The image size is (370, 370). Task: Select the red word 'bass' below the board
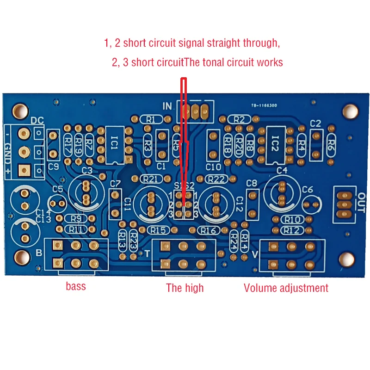click(x=76, y=286)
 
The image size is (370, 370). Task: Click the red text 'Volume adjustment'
click(x=286, y=288)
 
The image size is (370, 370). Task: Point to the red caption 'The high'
click(x=185, y=288)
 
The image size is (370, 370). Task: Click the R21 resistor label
click(x=151, y=179)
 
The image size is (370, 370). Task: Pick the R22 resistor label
click(x=216, y=179)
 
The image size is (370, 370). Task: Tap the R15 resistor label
click(x=158, y=230)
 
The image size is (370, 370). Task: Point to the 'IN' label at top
click(x=166, y=106)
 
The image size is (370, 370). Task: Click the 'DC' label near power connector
click(x=37, y=121)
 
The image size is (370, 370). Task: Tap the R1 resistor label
click(x=151, y=119)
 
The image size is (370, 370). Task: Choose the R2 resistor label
click(x=239, y=119)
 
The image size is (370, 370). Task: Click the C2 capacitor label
click(x=315, y=123)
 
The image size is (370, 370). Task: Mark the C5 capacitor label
click(x=58, y=189)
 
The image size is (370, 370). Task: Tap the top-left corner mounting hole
click(x=20, y=110)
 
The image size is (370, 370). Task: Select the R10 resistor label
click(x=292, y=220)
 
